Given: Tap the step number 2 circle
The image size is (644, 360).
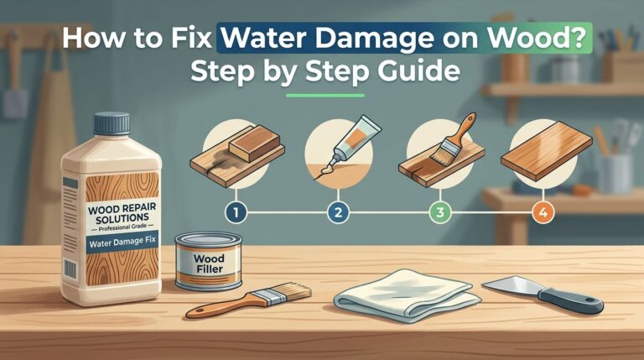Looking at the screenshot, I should coord(340,213).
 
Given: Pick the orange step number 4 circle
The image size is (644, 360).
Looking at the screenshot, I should coord(542,213).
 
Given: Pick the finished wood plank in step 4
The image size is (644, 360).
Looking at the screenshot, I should coord(541,153).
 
